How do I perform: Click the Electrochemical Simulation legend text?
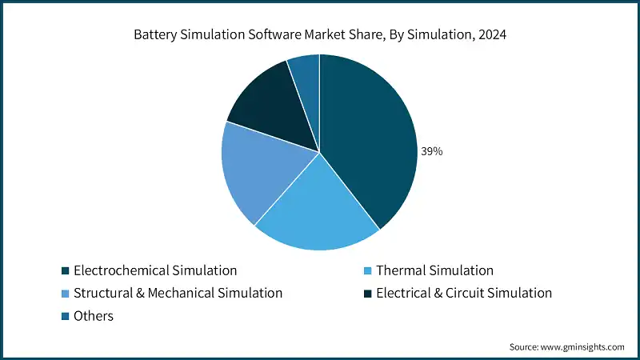pyautogui.click(x=155, y=270)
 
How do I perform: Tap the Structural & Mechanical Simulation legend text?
pyautogui.click(x=178, y=293)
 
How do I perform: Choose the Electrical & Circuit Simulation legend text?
pyautogui.click(x=464, y=293)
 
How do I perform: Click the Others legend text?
pyautogui.click(x=94, y=316)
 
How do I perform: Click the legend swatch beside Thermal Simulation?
pyautogui.click(x=368, y=270)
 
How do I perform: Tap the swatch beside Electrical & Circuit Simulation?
pyautogui.click(x=368, y=293)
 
